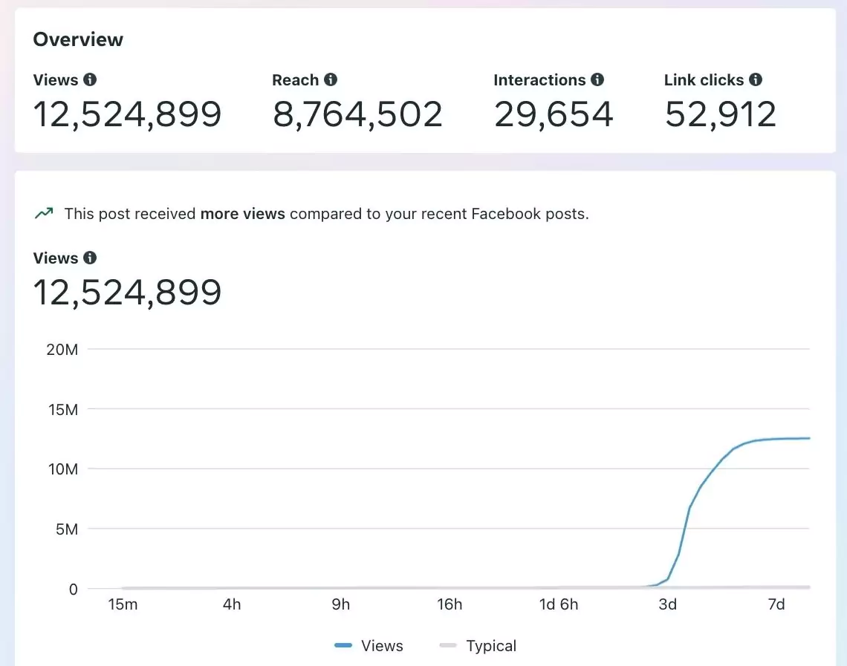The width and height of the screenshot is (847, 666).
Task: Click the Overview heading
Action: (x=78, y=39)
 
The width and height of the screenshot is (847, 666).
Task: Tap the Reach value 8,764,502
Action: (x=357, y=114)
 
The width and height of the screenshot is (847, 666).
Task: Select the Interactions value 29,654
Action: (x=554, y=114)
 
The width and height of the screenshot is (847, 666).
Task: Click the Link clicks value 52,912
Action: (x=720, y=114)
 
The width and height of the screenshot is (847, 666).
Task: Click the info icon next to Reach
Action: (x=331, y=79)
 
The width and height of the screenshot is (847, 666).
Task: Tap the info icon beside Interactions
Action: (x=597, y=79)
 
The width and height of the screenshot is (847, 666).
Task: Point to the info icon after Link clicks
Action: (x=756, y=79)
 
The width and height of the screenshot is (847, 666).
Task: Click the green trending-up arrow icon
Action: (x=44, y=214)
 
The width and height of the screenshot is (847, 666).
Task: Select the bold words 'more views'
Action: (x=243, y=214)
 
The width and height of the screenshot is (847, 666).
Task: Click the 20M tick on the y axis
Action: (x=62, y=349)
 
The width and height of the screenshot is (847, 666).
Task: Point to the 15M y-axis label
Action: (x=62, y=409)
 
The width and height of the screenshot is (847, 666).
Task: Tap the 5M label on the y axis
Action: (x=65, y=529)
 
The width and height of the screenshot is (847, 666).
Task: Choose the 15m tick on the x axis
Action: (x=123, y=604)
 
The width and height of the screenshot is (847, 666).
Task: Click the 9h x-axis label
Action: (x=340, y=604)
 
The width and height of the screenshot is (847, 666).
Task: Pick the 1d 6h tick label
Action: (x=558, y=604)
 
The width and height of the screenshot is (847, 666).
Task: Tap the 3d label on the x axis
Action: (x=667, y=604)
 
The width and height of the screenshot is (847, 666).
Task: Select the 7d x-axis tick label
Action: (x=776, y=604)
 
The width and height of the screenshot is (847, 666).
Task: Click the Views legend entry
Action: (x=369, y=646)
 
